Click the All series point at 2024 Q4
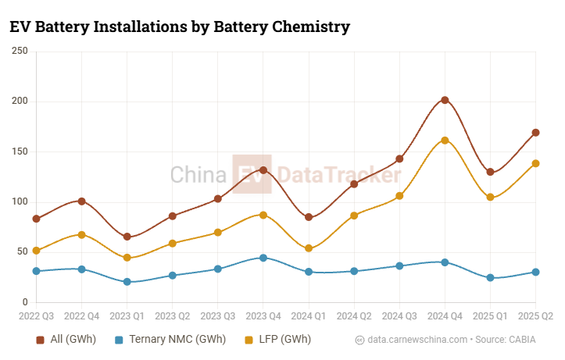(445, 100)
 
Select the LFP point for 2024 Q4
(445, 141)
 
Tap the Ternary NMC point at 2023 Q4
(263, 258)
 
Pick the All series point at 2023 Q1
(127, 237)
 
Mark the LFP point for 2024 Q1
(309, 248)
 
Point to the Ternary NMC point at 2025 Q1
(490, 278)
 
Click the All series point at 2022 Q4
(81, 201)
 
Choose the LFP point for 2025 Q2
(535, 163)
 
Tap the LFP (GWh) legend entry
(277, 340)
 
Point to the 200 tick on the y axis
(19, 102)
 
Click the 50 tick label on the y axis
(22, 252)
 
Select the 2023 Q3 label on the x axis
(217, 317)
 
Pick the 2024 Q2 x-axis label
(354, 317)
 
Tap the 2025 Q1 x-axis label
(490, 317)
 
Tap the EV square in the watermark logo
(252, 173)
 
